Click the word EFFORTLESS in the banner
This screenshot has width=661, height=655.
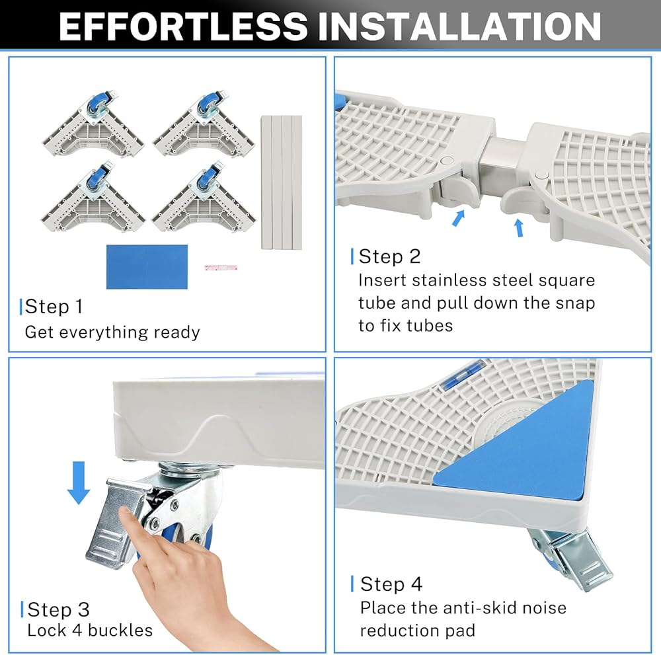[x=183, y=26]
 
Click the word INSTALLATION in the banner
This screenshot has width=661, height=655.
[x=459, y=26]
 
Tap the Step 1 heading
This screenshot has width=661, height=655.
[x=54, y=307]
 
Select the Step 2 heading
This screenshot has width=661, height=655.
[x=389, y=256]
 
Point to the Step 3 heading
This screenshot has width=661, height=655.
[x=59, y=609]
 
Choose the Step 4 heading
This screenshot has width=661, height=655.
[x=391, y=584]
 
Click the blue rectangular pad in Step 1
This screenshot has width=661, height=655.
[x=147, y=267]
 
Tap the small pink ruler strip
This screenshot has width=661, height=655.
[x=221, y=267]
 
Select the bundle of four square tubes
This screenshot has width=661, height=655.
[x=282, y=182]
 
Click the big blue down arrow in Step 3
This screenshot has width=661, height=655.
[x=79, y=482]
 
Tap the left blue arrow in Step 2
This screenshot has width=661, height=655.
[x=458, y=217]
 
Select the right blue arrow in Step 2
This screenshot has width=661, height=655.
[x=520, y=227]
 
